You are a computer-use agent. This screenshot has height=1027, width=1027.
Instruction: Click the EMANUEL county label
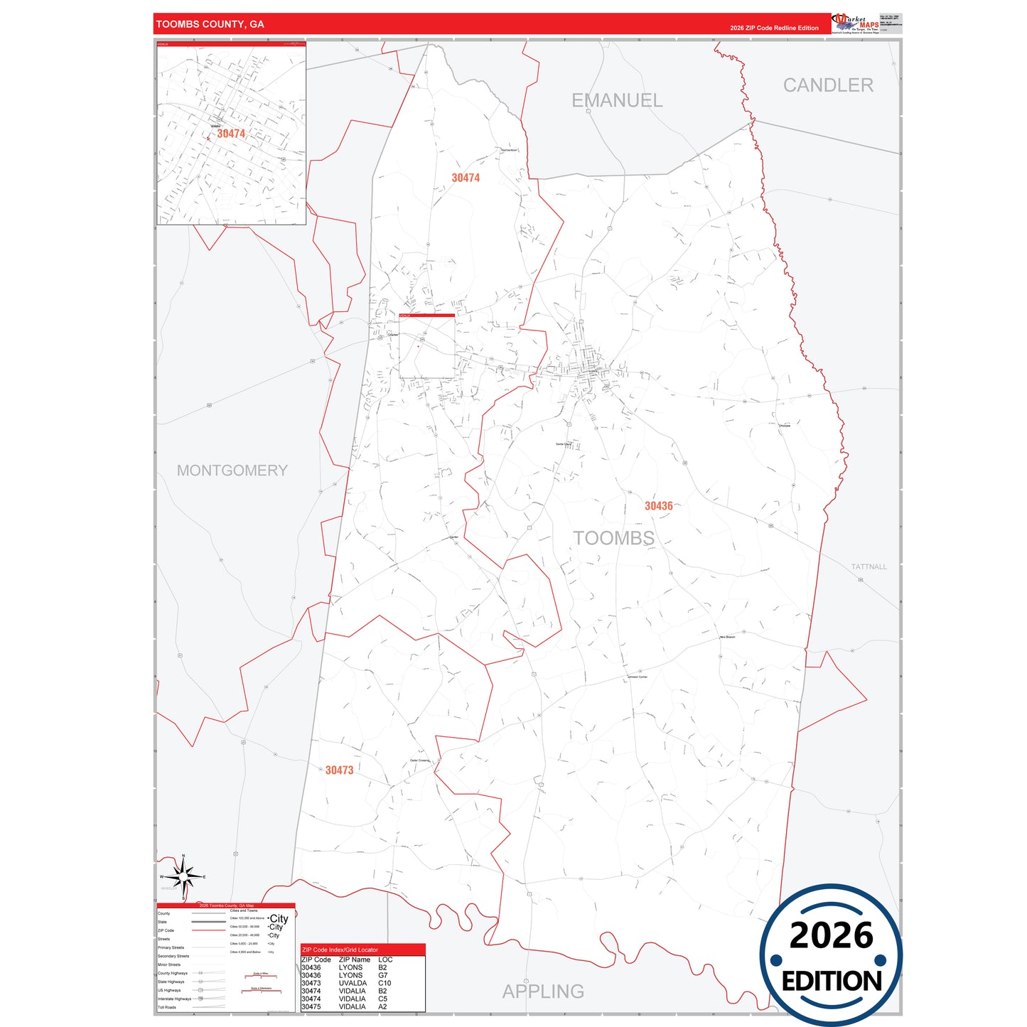point(617,101)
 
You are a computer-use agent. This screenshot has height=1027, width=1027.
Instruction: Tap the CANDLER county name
point(828,85)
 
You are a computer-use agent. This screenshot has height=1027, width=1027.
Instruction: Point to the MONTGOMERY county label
point(232,471)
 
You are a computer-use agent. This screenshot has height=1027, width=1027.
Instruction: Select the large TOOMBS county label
point(613,538)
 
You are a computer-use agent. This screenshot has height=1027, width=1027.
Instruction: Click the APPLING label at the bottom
point(543,991)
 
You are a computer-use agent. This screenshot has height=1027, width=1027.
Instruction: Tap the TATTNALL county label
point(869,567)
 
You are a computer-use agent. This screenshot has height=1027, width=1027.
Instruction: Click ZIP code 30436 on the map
point(658,506)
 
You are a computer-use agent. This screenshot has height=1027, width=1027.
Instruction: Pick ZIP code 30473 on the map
point(339,770)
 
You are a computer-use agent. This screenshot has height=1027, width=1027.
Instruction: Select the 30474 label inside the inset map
point(231,134)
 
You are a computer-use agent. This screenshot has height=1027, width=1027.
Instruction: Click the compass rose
point(183,877)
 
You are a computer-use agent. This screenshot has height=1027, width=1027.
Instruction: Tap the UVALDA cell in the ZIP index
point(353,984)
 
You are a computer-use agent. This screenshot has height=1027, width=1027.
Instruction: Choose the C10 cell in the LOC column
point(385,984)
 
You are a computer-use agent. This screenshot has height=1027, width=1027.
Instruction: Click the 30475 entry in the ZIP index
point(311,1007)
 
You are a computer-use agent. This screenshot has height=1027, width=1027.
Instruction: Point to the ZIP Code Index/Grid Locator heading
point(340,950)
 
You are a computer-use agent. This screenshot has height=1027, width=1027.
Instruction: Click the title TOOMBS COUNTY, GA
point(210,24)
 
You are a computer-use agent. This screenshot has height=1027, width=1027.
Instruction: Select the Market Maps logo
point(855,23)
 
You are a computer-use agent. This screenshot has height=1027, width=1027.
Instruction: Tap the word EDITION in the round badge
point(831,982)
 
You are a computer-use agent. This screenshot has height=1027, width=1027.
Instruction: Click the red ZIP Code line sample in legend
point(208,930)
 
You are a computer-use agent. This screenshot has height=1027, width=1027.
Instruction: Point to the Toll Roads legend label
point(167,1008)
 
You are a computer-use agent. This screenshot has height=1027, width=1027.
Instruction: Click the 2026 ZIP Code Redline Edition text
point(774,28)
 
